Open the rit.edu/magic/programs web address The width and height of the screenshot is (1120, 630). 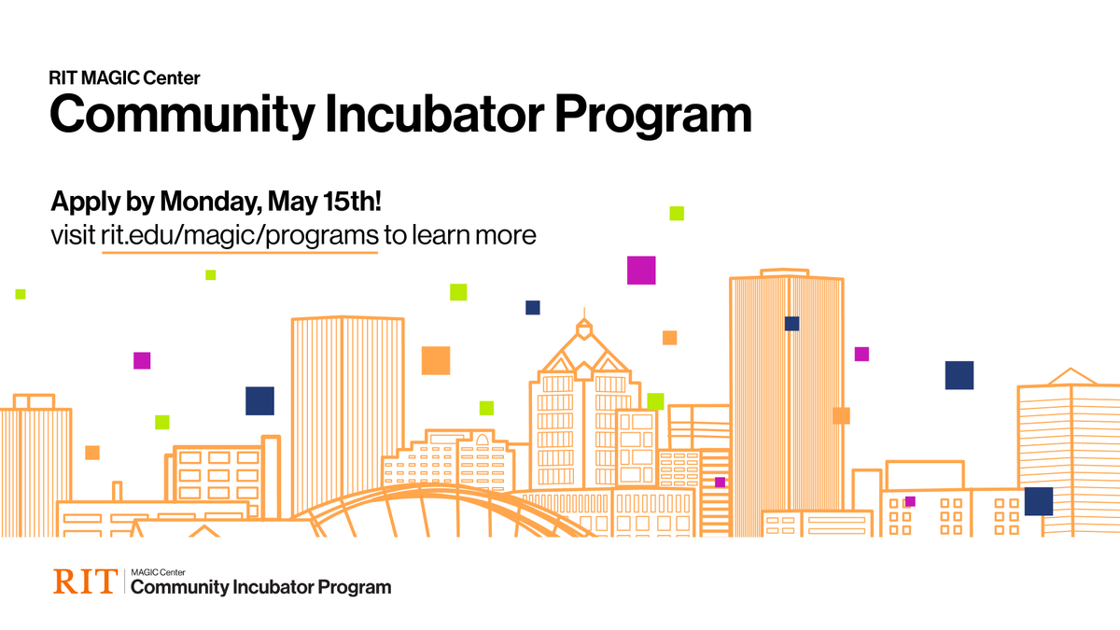(x=240, y=234)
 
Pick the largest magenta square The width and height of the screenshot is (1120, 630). (x=641, y=270)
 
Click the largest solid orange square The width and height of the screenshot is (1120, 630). (x=436, y=360)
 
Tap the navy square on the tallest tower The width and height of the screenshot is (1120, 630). (x=791, y=324)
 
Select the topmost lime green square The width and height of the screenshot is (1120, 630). (x=677, y=213)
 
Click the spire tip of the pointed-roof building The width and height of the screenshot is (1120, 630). (x=584, y=310)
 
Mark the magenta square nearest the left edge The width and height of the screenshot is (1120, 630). (x=142, y=360)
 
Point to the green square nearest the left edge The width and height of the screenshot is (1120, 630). (x=21, y=294)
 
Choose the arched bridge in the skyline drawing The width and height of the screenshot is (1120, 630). (x=448, y=509)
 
